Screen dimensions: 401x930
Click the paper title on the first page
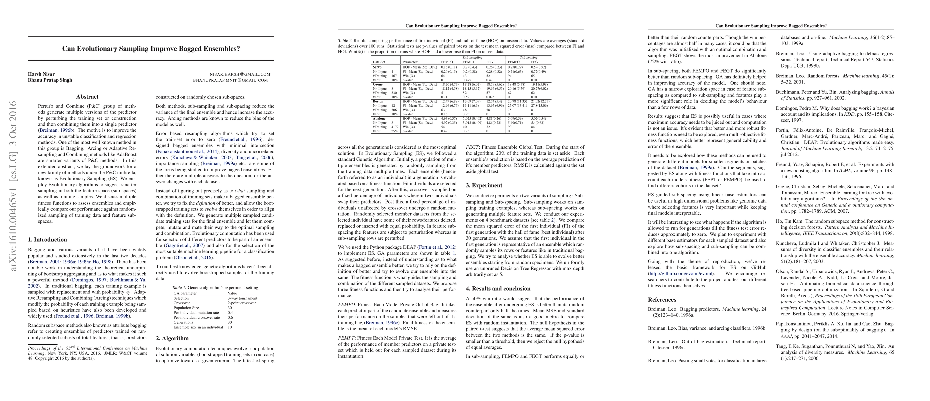(x=151, y=49)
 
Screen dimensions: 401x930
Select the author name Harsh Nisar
(x=41, y=74)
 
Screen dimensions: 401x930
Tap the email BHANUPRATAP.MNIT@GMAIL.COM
(x=230, y=80)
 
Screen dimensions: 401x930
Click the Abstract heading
(x=87, y=97)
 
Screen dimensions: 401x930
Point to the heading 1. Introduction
(x=47, y=240)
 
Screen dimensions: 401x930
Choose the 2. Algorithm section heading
(x=172, y=338)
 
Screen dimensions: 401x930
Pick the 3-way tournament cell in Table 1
(x=242, y=298)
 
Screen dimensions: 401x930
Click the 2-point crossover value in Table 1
(x=241, y=303)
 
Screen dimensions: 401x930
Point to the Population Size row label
(x=186, y=308)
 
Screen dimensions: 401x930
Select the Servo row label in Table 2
(x=377, y=67)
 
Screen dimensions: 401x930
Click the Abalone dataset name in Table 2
(x=379, y=118)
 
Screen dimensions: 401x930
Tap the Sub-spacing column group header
(x=529, y=58)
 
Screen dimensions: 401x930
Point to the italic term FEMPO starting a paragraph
(x=345, y=305)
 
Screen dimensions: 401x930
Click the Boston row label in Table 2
(x=378, y=101)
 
